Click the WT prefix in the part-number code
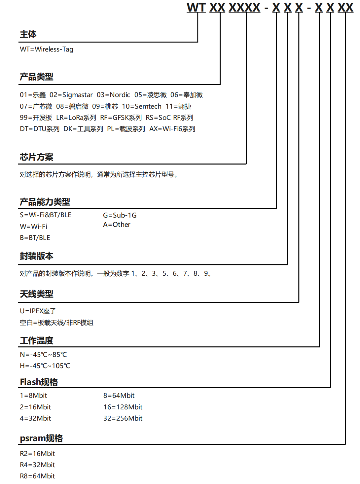(196, 7)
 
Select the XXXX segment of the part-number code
(244, 7)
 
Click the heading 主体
(28, 34)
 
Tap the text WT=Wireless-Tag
(47, 49)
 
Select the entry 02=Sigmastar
(71, 95)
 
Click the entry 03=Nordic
(113, 95)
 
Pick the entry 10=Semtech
(142, 106)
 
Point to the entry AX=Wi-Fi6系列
(172, 129)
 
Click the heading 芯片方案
(36, 157)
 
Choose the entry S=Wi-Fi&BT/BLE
(46, 215)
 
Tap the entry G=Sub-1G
(120, 215)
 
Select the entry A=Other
(117, 225)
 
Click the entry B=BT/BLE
(35, 238)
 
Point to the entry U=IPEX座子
(38, 311)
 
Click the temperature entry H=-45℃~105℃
(45, 366)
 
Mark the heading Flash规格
(39, 382)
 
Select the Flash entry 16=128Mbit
(123, 407)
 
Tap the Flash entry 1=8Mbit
(33, 396)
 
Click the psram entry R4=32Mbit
(37, 465)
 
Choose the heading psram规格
(41, 438)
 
